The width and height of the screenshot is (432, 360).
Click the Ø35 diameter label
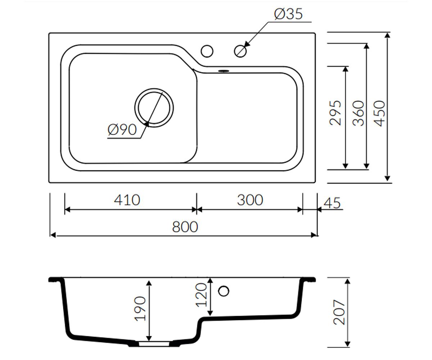288,14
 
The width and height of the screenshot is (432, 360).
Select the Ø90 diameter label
122,130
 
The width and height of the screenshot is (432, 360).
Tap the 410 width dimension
127,200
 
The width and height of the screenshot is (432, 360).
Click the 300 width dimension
250,200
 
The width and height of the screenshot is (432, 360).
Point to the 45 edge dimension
332,203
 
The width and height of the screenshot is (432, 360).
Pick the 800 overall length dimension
185,227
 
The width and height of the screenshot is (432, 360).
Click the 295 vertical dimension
335,113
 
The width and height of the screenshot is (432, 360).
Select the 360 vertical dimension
358,113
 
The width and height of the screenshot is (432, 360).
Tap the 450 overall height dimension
380,113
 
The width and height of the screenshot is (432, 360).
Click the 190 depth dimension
140,309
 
